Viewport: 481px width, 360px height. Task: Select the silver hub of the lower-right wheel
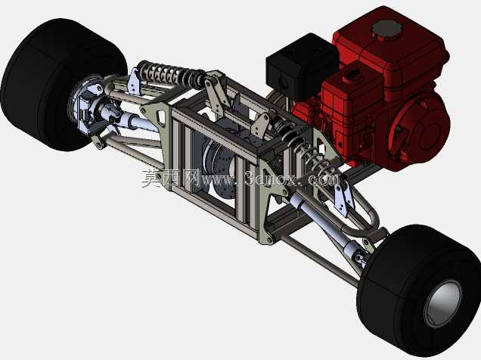442,303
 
